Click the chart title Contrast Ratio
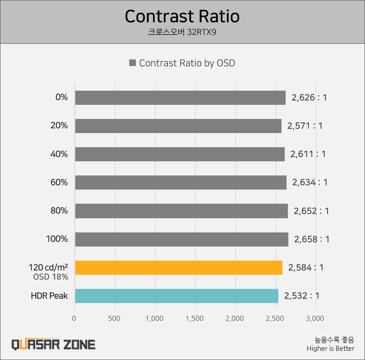[182, 16]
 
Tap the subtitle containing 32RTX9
[182, 32]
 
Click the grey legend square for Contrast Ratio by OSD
[133, 63]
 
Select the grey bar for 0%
[180, 98]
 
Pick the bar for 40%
[180, 154]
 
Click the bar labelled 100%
[182, 239]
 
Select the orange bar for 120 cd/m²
[178, 267]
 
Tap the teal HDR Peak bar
[177, 296]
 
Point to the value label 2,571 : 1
[305, 126]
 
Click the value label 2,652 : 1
[311, 211]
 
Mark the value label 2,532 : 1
[302, 296]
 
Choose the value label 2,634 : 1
[310, 182]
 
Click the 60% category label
[59, 182]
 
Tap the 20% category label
[59, 126]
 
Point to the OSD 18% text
[51, 277]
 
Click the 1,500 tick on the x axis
[195, 318]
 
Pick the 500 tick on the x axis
[115, 318]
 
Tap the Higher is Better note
[330, 349]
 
